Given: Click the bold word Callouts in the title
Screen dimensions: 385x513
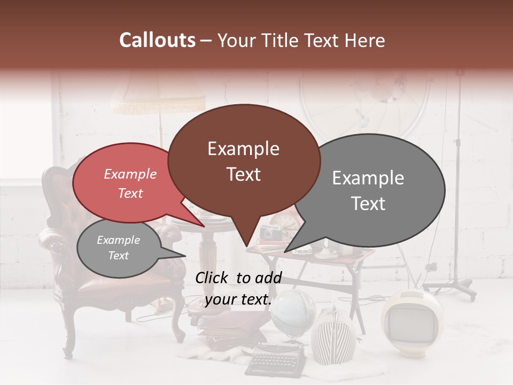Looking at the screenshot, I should (157, 40).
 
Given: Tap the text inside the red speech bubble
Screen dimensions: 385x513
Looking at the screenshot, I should (130, 183).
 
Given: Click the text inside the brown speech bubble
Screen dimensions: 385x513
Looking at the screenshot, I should (243, 161).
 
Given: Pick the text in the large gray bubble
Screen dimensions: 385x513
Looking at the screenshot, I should (368, 190).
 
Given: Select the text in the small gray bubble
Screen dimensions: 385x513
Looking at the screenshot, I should (118, 248).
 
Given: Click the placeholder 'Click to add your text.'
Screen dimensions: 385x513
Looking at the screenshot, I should (238, 288).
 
